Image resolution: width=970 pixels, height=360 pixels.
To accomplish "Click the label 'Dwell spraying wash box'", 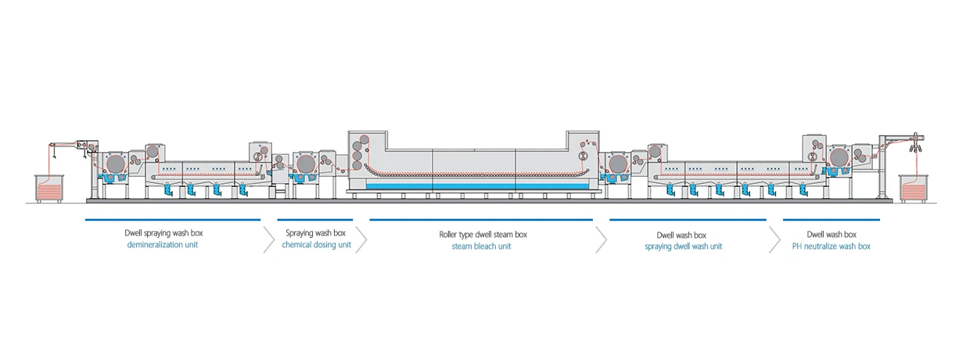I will point(173,233).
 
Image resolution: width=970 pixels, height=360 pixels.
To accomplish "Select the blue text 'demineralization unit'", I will point(173,245).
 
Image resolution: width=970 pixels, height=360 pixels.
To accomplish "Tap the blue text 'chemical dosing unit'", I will point(317,245).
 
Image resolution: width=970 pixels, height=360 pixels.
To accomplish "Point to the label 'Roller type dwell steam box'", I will point(483,234).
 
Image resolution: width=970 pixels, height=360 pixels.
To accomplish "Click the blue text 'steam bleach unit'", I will point(483,246).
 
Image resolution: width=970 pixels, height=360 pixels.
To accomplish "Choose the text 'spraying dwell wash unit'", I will point(683,247).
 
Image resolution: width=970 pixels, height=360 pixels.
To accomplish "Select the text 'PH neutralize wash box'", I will point(831,247).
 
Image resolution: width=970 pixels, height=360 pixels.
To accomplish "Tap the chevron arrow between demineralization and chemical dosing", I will point(269,239).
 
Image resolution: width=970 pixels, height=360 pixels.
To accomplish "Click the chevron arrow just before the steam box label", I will point(361,239).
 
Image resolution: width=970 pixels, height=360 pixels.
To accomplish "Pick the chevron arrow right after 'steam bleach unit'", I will point(601,239).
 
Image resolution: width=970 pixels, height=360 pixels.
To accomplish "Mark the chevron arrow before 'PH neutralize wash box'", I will point(774,239).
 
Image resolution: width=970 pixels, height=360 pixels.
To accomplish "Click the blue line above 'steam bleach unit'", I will point(481,220).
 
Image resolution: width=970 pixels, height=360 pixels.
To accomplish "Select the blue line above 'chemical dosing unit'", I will point(315,220).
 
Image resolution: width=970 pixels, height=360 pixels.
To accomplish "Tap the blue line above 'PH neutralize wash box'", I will point(831,220).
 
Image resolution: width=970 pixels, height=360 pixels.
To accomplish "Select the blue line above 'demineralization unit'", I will point(173,220).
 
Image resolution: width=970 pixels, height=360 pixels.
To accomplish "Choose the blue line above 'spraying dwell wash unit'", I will point(688,220).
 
